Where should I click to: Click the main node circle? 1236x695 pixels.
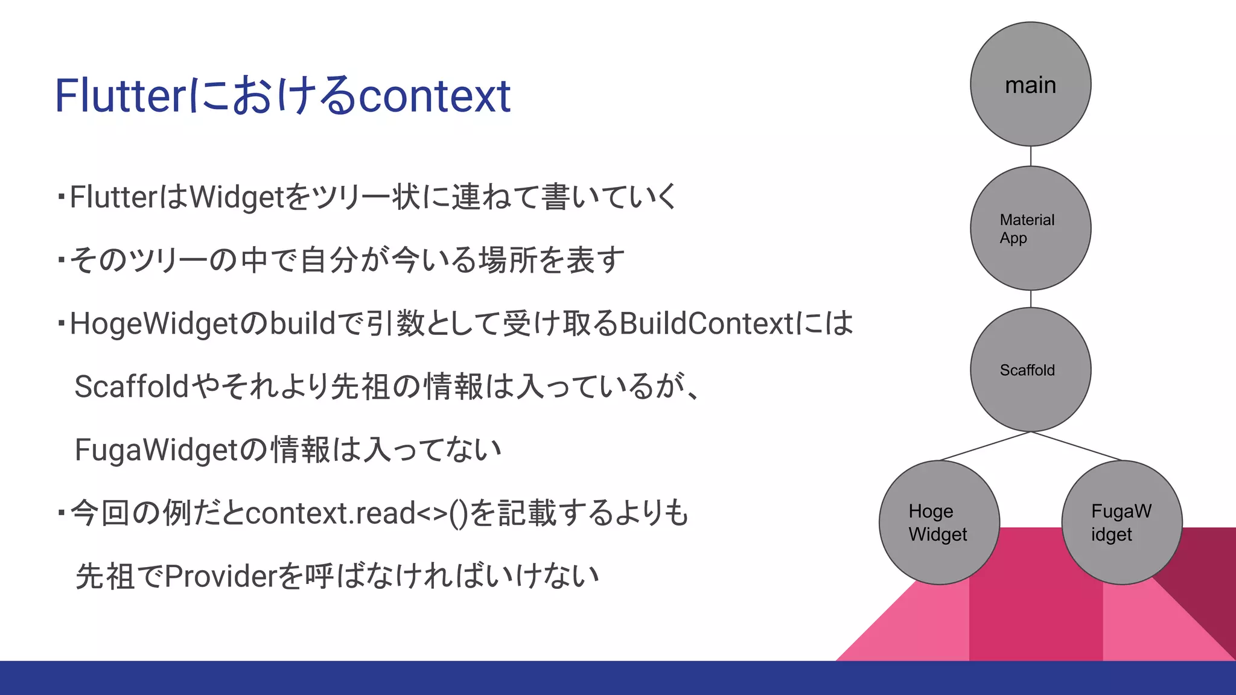point(1030,84)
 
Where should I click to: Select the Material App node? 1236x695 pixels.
point(1030,228)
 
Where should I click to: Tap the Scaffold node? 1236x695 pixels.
point(1030,370)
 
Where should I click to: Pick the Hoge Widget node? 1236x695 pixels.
point(939,522)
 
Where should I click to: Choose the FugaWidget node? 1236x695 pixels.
point(1121,522)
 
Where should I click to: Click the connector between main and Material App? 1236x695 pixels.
point(1031,156)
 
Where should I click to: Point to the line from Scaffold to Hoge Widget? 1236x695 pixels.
point(985,446)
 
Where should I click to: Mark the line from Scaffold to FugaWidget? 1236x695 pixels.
point(1077,446)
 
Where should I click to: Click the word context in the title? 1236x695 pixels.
point(435,96)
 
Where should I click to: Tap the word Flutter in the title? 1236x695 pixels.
point(121,96)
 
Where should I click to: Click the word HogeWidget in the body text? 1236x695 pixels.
point(154,324)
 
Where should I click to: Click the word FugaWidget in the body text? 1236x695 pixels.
point(157,450)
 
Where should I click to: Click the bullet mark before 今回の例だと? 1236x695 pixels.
point(61,513)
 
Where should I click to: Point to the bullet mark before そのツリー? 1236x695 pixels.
point(61,261)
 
